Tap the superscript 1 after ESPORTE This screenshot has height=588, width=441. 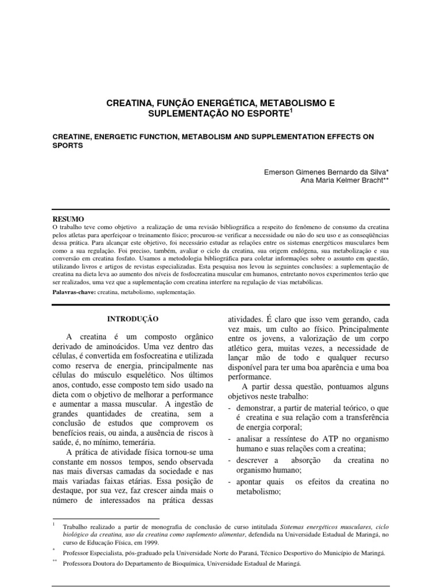(x=291, y=112)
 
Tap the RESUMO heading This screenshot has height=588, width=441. (x=67, y=219)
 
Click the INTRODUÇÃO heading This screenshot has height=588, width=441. (x=132, y=318)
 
